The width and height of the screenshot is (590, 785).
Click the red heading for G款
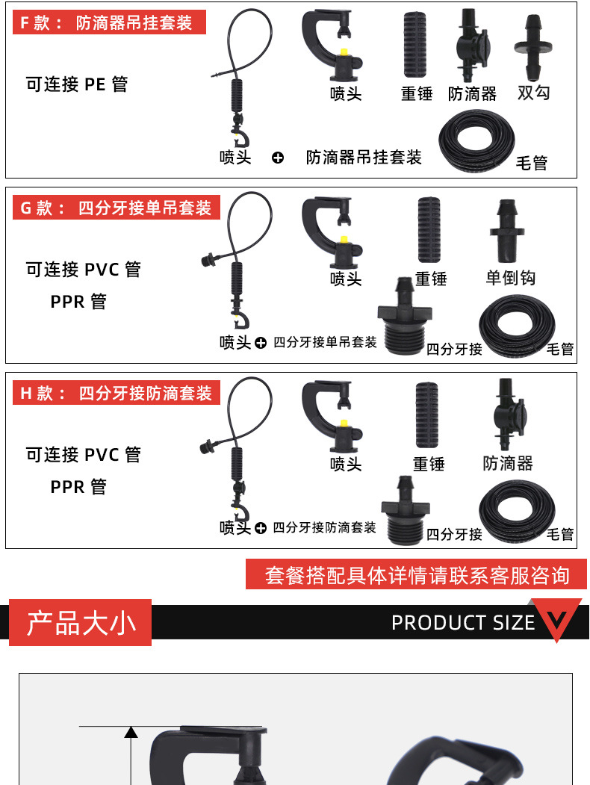tap(117, 208)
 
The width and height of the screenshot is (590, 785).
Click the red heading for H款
tap(117, 393)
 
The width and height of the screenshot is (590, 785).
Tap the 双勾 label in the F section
tap(533, 93)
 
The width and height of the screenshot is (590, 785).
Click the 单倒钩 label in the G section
tap(511, 278)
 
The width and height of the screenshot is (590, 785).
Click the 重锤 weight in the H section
tap(429, 415)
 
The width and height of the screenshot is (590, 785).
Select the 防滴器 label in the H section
tap(508, 464)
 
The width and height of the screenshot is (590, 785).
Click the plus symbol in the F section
tap(278, 158)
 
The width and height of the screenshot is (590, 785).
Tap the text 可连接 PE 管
tap(77, 84)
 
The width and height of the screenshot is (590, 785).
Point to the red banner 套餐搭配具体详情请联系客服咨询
tap(416, 575)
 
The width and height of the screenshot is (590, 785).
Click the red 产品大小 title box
tap(80, 622)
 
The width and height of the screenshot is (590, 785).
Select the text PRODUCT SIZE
tap(463, 622)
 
